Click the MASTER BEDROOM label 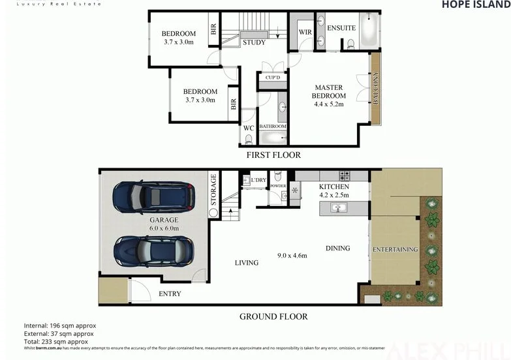330,91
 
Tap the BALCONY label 375,88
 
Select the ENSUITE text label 341,28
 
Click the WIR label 304,31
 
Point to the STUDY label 254,43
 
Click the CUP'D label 273,78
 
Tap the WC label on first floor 249,128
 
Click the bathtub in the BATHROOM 273,138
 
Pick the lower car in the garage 153,248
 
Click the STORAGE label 213,188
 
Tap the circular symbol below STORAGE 213,212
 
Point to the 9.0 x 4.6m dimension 293,255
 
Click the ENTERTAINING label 395,250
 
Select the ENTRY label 170,294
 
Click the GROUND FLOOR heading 273,317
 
